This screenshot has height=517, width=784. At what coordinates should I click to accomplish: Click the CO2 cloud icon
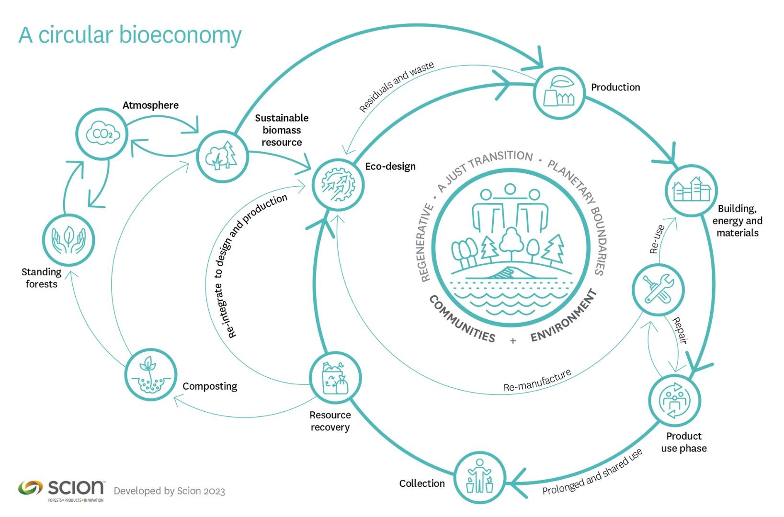(x=102, y=134)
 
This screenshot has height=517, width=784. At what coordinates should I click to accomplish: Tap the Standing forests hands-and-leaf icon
(x=68, y=240)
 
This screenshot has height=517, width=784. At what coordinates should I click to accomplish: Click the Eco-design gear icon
(x=338, y=185)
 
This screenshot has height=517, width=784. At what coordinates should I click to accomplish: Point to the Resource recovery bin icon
(x=335, y=378)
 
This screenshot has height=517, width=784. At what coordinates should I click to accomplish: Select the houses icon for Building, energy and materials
(x=691, y=190)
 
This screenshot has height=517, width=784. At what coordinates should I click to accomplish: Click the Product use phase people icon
(x=674, y=401)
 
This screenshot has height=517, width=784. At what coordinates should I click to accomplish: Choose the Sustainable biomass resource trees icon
(x=222, y=156)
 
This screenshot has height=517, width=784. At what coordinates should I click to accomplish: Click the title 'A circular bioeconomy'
(x=130, y=36)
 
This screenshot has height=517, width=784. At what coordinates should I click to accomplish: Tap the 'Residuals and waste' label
(x=397, y=86)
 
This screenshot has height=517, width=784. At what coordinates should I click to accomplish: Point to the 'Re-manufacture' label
(x=537, y=380)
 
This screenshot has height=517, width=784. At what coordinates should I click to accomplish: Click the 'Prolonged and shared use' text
(x=592, y=472)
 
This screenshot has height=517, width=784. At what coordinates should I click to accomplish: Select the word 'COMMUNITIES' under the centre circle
(x=462, y=319)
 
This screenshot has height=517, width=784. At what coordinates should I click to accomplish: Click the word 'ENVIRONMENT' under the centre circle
(x=564, y=315)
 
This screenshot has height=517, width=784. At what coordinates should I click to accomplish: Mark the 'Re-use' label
(x=657, y=239)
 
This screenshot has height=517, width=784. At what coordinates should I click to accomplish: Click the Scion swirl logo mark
(x=31, y=488)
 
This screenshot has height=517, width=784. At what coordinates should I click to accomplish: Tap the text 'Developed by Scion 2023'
(x=170, y=491)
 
